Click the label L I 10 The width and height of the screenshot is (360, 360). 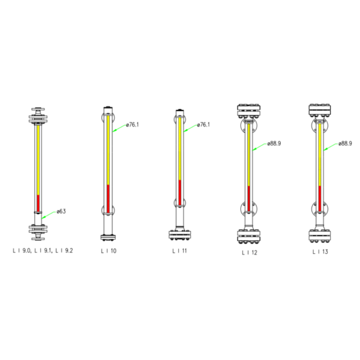109,251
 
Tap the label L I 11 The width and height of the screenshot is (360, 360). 179,251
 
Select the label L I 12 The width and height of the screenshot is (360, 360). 250,253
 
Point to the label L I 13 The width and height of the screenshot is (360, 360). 320,251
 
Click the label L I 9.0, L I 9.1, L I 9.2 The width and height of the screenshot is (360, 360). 43,251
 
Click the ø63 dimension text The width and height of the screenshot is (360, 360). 61,211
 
